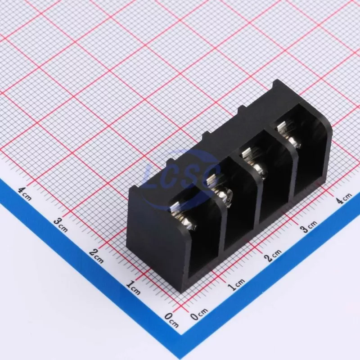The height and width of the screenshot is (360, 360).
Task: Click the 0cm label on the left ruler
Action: (171, 320)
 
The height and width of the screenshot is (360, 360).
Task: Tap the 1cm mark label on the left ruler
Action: (133, 288)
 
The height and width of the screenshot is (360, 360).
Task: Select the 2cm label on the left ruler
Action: (96, 256)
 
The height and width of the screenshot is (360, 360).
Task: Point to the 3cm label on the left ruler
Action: (61, 225)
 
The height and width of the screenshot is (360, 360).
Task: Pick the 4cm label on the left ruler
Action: (25, 194)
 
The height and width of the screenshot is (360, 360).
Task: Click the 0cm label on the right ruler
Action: (199, 314)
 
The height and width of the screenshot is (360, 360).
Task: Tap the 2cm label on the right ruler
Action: (273, 256)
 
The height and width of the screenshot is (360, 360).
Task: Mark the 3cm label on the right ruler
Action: (309, 226)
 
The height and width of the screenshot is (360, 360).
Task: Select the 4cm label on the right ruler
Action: (344, 198)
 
